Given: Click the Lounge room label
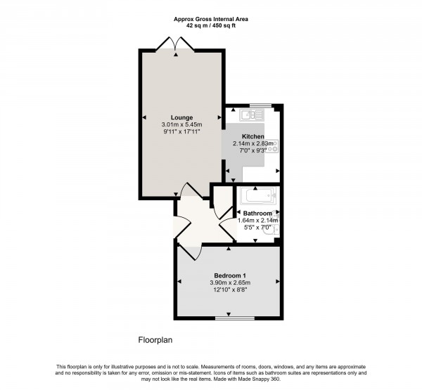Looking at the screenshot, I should click(x=181, y=117).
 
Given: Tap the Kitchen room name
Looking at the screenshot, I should click(x=253, y=136).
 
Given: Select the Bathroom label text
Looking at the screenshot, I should click(x=258, y=213).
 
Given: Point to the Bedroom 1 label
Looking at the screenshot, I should click(x=230, y=275).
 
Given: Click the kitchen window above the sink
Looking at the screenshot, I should click(x=261, y=105).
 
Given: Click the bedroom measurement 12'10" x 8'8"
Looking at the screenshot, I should click(x=230, y=290).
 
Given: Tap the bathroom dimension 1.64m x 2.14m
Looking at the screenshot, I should click(x=258, y=221).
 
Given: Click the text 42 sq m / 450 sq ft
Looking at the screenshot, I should click(x=210, y=25).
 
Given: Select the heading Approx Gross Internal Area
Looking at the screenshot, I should click(x=210, y=19).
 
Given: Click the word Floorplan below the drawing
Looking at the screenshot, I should click(x=155, y=339).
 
